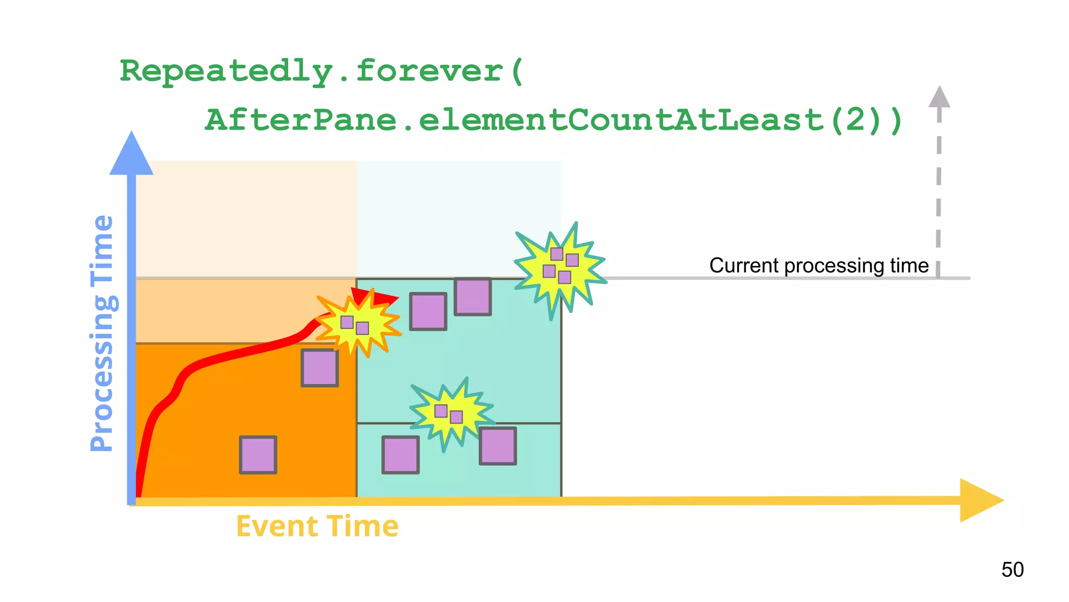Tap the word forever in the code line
pyautogui.click(x=429, y=72)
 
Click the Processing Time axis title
pyautogui.click(x=102, y=333)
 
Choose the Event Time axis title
pyautogui.click(x=317, y=526)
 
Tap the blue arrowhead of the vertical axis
pyautogui.click(x=132, y=154)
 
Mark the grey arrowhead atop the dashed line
pyautogui.click(x=939, y=97)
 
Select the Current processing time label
pyautogui.click(x=818, y=265)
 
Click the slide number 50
pyautogui.click(x=1012, y=570)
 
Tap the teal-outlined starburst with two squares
pyautogui.click(x=450, y=413)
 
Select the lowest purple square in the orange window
pyautogui.click(x=258, y=455)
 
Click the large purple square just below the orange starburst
pyautogui.click(x=319, y=368)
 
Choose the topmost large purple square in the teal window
pyautogui.click(x=472, y=297)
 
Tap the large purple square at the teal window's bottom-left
pyautogui.click(x=400, y=455)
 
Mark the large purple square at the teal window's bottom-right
pyautogui.click(x=497, y=446)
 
